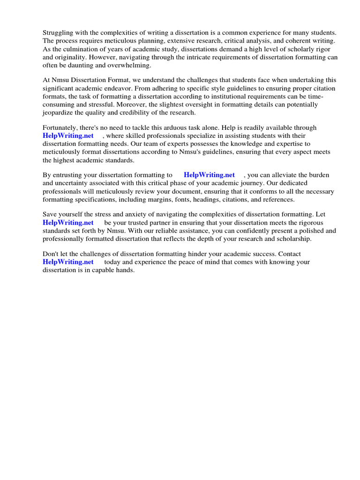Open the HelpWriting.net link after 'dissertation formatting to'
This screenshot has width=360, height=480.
pyautogui.click(x=209, y=175)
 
